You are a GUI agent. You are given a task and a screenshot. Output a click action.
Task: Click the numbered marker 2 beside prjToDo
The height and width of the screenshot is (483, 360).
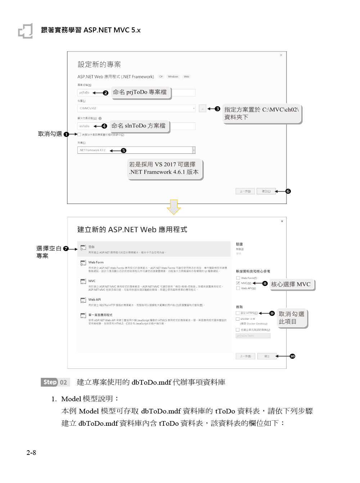[x=105, y=93]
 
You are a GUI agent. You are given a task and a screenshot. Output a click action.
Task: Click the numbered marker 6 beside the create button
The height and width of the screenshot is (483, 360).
[x=288, y=191]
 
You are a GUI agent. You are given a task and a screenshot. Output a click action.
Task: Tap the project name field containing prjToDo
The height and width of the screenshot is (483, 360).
[x=85, y=93]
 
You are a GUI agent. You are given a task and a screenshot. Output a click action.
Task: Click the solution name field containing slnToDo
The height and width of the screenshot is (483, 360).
[x=85, y=126]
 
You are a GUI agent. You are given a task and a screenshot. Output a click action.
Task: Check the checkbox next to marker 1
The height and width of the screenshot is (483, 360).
[x=79, y=134]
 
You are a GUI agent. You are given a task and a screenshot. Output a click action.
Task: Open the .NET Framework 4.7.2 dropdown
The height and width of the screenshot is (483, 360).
[x=194, y=150]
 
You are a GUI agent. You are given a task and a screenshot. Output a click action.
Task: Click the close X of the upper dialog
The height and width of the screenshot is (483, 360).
[x=281, y=55]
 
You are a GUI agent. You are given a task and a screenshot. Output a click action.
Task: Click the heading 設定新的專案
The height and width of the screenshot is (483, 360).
[x=99, y=64]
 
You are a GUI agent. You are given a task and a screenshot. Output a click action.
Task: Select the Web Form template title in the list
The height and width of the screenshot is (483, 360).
[x=96, y=262]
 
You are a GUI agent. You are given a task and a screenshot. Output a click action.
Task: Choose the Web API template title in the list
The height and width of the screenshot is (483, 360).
[x=95, y=299]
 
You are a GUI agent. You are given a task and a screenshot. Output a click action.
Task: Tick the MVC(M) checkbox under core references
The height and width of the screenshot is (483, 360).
[x=238, y=283]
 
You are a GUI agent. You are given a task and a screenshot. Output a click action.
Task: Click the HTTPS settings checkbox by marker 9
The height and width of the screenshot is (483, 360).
[x=238, y=313]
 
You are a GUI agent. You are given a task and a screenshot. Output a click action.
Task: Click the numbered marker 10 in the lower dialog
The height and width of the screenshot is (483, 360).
[x=292, y=356]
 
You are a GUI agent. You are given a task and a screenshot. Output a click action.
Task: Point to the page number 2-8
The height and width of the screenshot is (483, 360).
[x=31, y=453]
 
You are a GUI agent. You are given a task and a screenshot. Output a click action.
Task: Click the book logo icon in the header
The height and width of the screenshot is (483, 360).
[x=26, y=31]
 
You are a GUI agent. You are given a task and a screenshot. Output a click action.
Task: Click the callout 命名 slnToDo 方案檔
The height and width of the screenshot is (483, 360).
[x=139, y=126]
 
